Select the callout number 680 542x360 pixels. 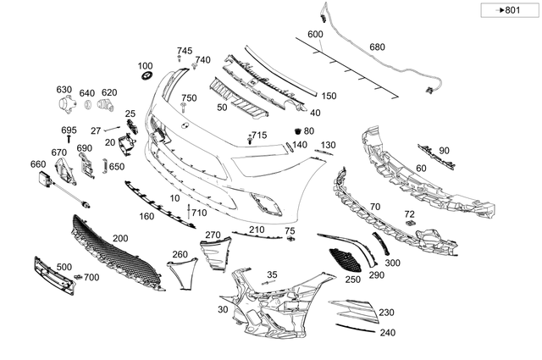point(377,47)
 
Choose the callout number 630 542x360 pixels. point(64,90)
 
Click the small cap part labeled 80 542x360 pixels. point(297,132)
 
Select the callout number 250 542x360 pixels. point(352,279)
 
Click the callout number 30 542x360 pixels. point(223,311)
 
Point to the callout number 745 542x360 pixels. point(185,51)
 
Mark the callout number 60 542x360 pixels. point(420,168)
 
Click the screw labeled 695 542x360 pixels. point(69,138)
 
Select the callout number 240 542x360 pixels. point(387,333)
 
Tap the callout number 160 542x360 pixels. point(147,217)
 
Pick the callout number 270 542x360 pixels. point(213,235)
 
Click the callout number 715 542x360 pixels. point(258,136)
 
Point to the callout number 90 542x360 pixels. point(444,150)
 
